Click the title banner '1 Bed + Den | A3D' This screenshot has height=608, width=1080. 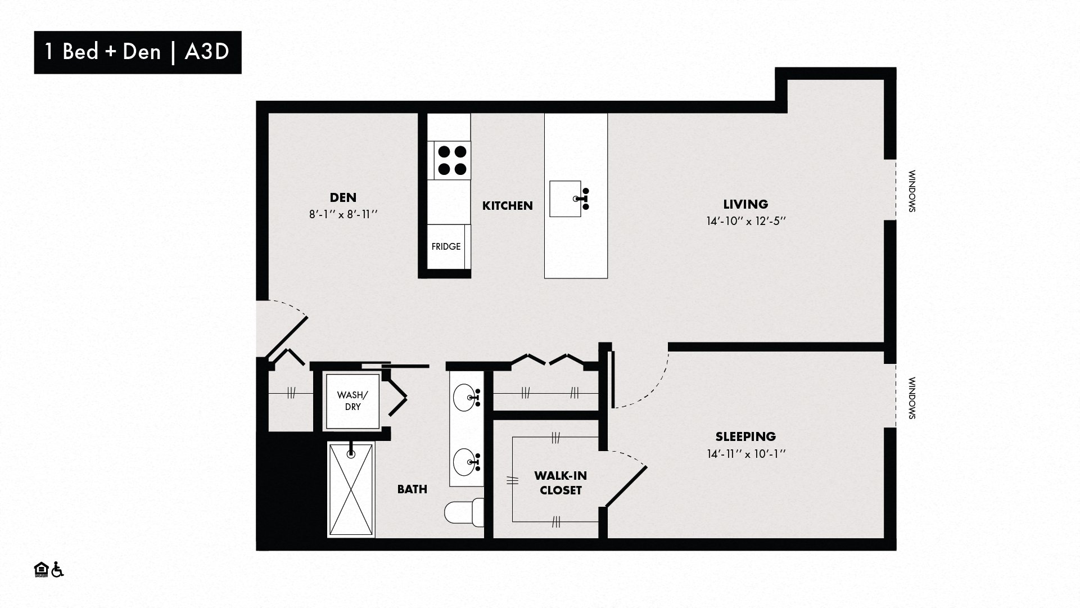[138, 52]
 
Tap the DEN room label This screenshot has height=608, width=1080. [343, 197]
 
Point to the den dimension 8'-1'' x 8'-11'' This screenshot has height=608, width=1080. [343, 214]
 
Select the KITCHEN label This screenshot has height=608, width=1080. [508, 206]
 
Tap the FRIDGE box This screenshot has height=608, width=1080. [446, 246]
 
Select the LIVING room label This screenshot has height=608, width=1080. [745, 204]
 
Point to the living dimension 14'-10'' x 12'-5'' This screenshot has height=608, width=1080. [745, 221]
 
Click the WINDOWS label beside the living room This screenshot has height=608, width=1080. [912, 191]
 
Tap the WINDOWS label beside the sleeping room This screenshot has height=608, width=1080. [912, 398]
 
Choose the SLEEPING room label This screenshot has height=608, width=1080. [745, 436]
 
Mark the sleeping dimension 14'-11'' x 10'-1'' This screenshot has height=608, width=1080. [745, 454]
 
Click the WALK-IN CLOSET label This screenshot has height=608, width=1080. [561, 483]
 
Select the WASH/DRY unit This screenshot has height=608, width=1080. [353, 401]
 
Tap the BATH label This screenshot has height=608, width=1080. [412, 489]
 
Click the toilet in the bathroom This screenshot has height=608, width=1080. [464, 512]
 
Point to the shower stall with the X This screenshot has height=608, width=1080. [351, 489]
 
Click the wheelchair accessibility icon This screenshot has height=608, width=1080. [57, 570]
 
